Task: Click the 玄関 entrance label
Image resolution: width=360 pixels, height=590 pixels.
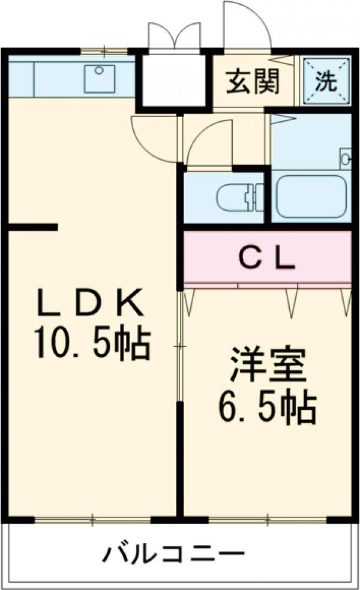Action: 253,83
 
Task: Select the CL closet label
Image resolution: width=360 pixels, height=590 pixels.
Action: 267,259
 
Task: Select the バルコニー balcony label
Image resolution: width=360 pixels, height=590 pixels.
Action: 174,553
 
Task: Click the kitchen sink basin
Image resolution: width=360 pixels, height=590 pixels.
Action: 100,79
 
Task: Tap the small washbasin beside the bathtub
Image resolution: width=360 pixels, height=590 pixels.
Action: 346,158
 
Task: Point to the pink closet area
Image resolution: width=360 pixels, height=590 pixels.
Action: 267,258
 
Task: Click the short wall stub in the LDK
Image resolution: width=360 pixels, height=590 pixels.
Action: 33,227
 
